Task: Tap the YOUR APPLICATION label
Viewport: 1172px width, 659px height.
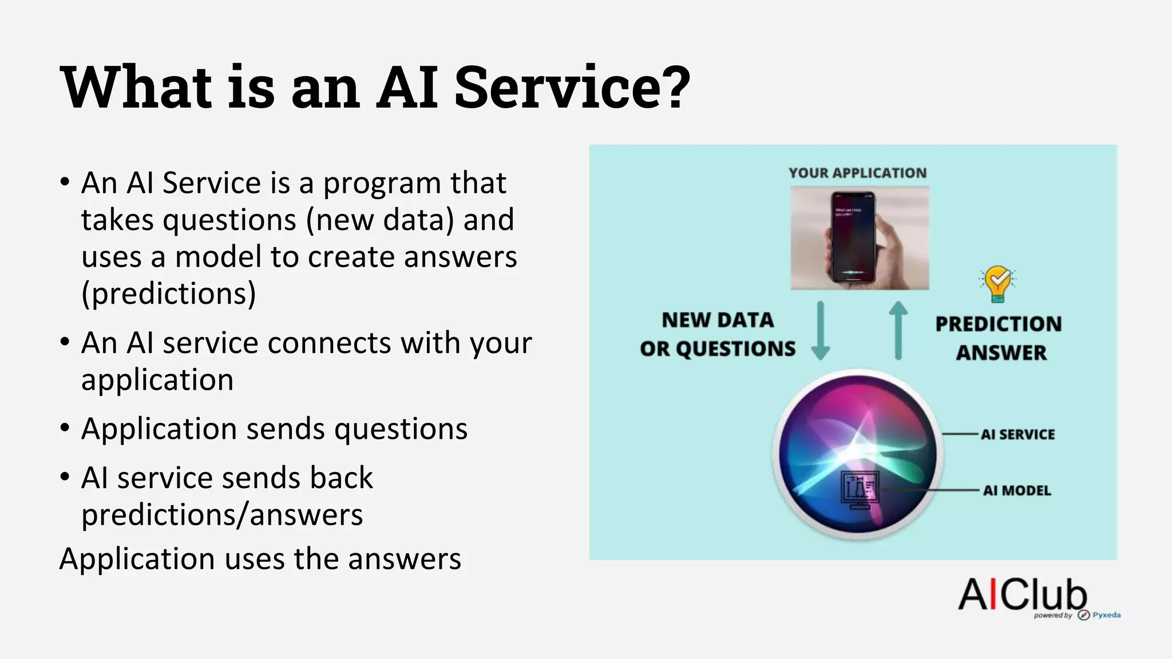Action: [857, 173]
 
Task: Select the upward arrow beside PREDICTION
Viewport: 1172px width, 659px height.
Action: [898, 331]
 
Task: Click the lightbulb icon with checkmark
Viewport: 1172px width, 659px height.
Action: [997, 284]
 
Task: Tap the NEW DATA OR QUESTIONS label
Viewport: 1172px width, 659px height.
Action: [718, 334]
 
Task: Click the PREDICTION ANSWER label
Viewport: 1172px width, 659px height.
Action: [999, 338]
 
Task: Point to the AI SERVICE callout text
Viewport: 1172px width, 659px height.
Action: [1017, 434]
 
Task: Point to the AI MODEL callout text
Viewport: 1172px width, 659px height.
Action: [1017, 490]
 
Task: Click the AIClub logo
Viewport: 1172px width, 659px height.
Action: [1023, 594]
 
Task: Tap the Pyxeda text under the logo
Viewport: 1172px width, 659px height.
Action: [1106, 615]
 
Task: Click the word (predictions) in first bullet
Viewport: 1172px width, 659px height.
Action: [168, 293]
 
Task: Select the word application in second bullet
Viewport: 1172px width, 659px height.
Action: [157, 380]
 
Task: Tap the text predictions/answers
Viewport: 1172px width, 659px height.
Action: [222, 514]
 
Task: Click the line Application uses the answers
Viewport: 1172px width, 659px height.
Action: [260, 559]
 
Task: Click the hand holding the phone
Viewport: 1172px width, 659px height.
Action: [896, 252]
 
